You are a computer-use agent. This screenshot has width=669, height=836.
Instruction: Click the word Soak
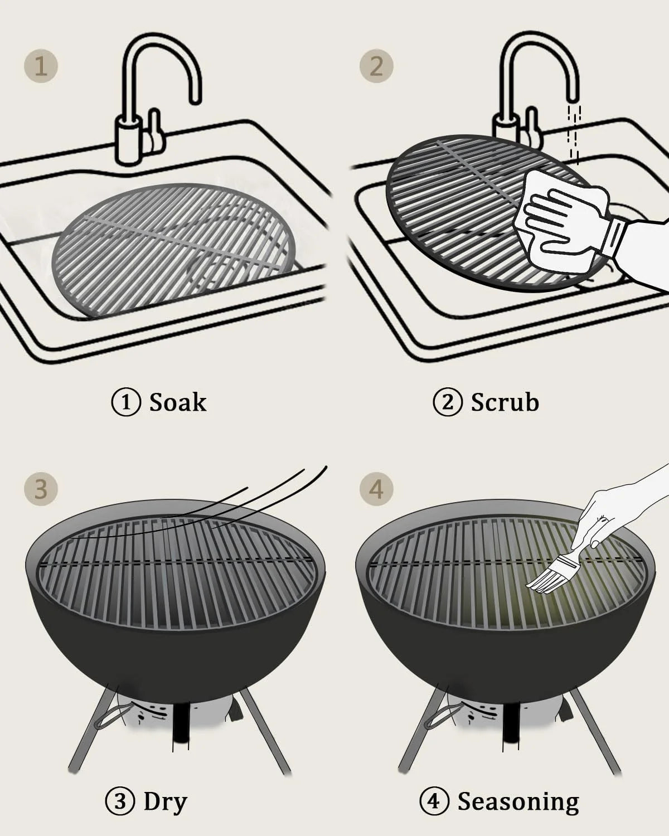click(x=178, y=402)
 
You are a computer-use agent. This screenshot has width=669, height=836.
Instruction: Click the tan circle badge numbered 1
click(x=41, y=66)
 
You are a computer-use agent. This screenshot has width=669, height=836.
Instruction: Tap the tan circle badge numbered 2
click(x=376, y=66)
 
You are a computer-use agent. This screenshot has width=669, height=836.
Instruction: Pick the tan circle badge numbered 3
click(x=41, y=489)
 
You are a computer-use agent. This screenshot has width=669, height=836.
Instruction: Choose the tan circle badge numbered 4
click(x=376, y=489)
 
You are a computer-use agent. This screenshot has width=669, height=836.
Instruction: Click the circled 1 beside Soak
click(x=126, y=402)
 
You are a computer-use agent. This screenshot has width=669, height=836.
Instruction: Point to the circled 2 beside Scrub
click(x=448, y=402)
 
